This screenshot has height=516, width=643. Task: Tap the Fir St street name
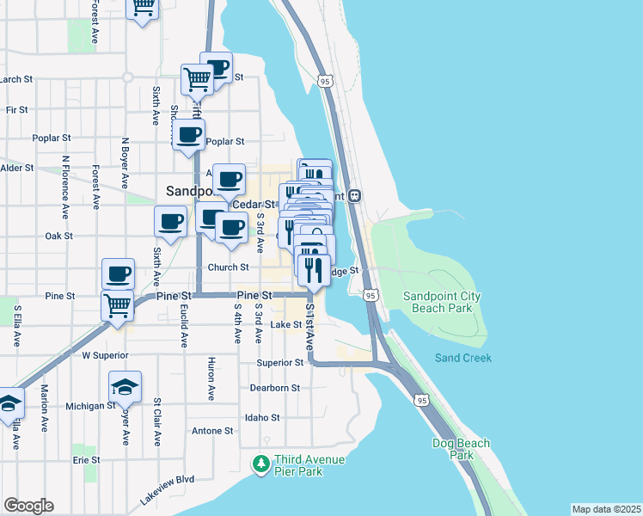tap(16, 110)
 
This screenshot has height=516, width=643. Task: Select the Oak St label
tap(58, 236)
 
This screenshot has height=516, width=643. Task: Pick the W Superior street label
tap(104, 354)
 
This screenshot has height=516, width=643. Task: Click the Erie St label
tap(86, 460)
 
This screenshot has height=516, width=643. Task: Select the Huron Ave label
tap(211, 378)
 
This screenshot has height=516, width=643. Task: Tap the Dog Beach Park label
tap(461, 449)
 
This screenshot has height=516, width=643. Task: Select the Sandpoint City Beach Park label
tap(443, 302)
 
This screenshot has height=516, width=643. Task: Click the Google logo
tap(28, 506)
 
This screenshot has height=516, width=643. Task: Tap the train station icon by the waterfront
tap(354, 195)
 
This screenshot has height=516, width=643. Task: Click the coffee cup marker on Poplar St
tap(189, 134)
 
